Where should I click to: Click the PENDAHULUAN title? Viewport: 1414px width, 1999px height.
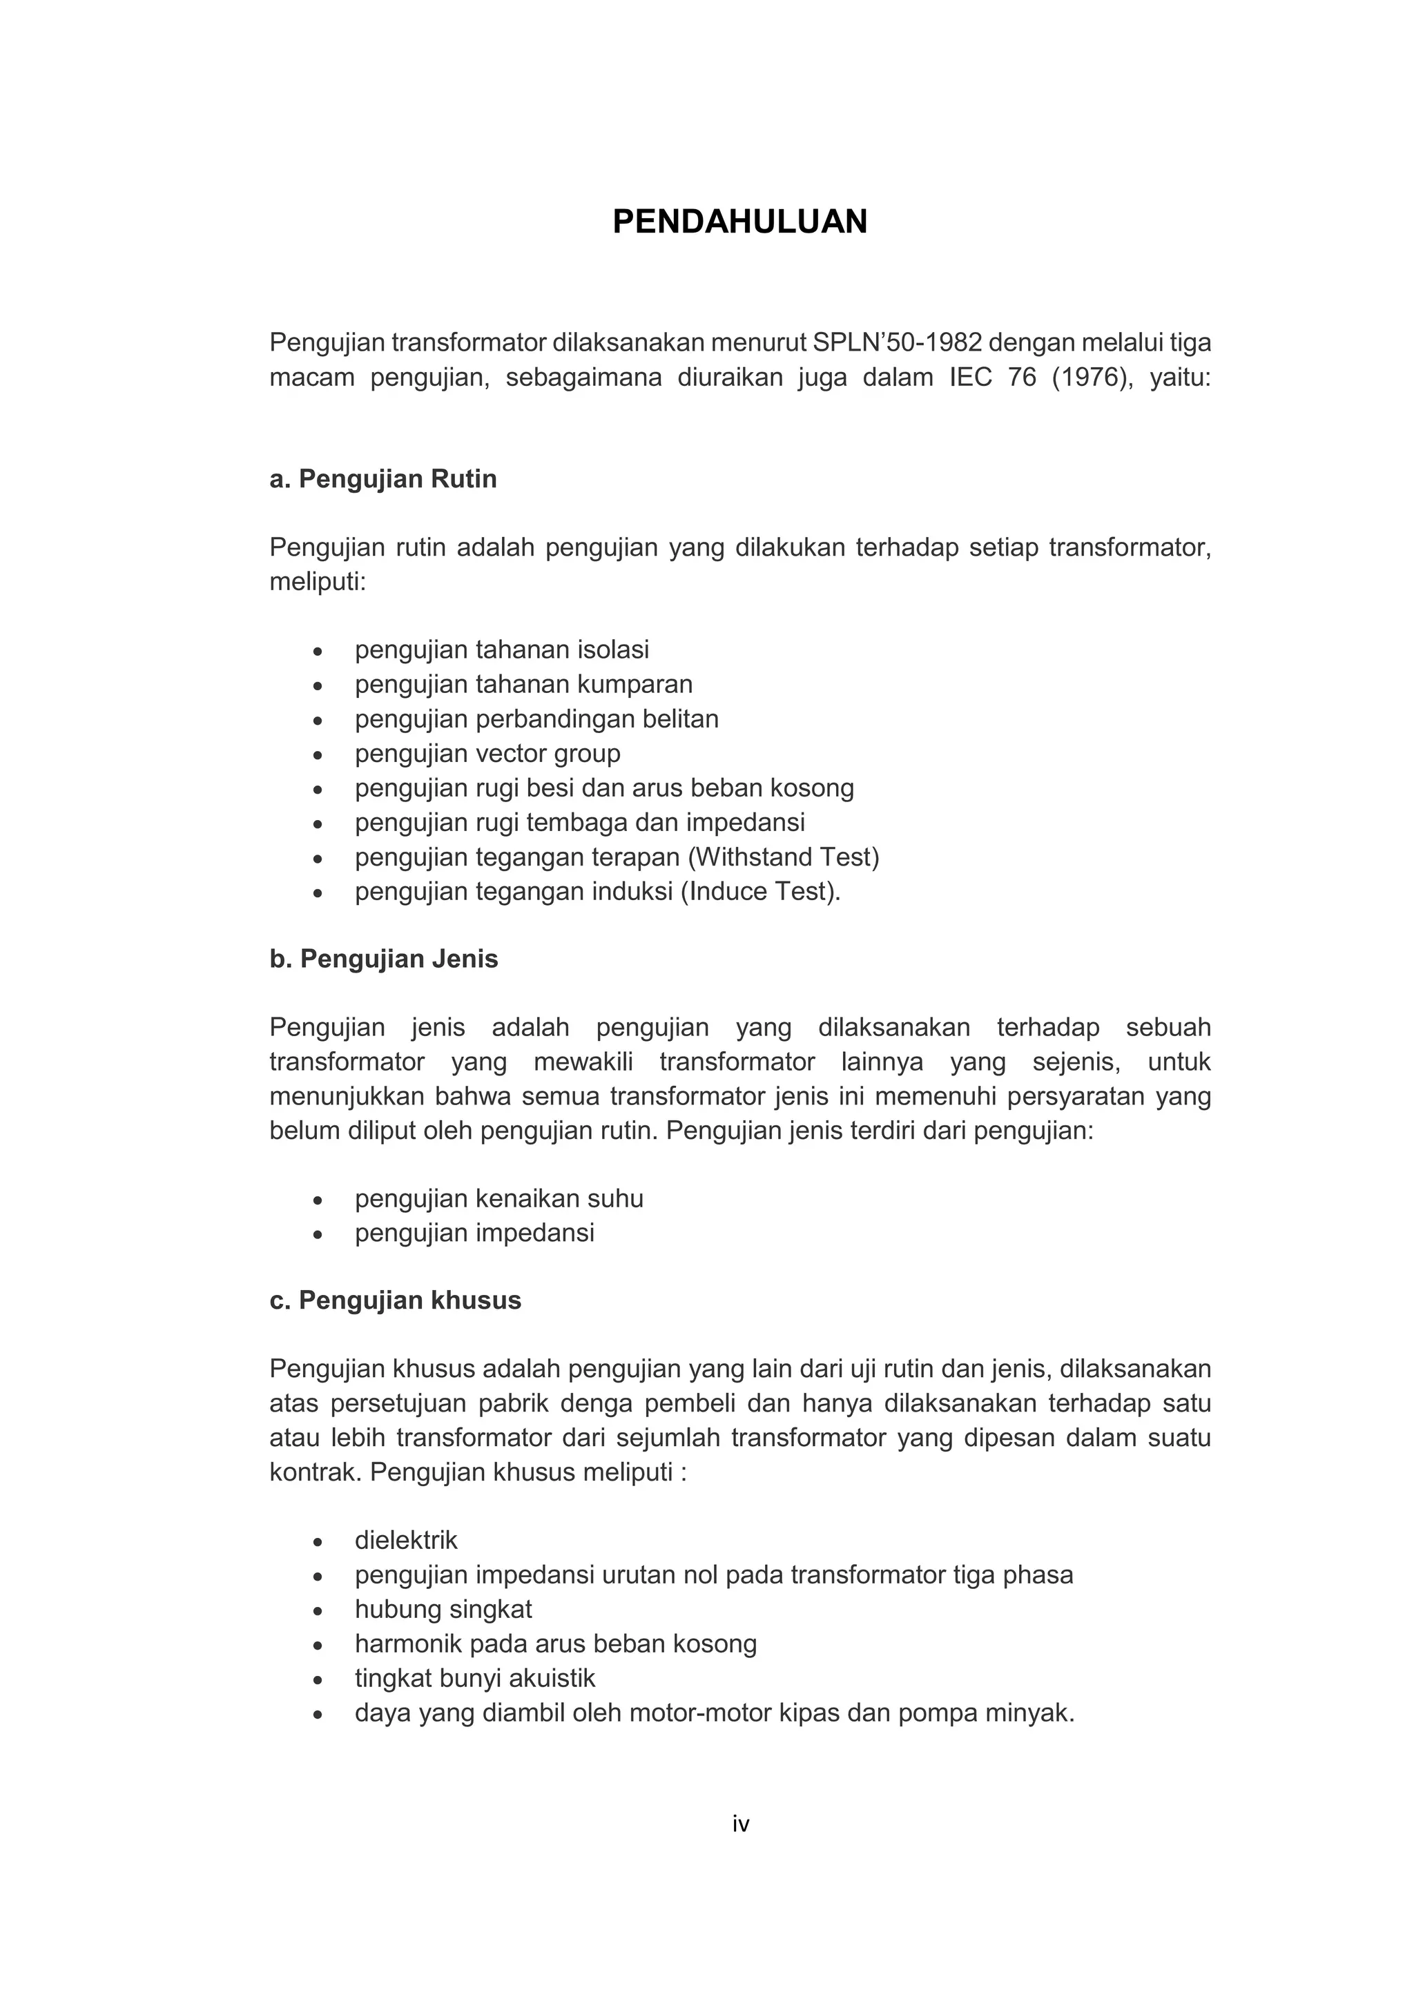(x=739, y=222)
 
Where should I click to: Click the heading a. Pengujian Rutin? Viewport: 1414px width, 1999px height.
(x=383, y=479)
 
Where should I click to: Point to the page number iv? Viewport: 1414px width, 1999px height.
(x=741, y=1824)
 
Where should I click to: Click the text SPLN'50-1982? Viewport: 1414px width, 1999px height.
(x=897, y=342)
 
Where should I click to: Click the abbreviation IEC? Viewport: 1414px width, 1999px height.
(x=970, y=378)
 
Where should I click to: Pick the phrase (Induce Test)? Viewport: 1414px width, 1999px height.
(x=759, y=892)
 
